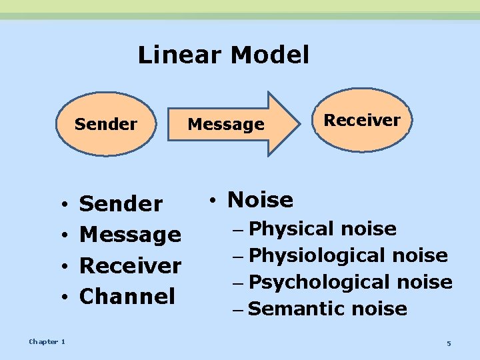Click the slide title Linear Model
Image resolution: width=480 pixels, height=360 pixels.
tap(223, 55)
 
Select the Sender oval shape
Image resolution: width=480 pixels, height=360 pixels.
tap(106, 124)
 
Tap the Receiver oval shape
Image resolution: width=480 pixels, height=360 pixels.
tap(361, 120)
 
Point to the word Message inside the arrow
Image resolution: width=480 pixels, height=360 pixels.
tap(226, 124)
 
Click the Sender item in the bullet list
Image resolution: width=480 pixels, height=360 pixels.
tap(121, 204)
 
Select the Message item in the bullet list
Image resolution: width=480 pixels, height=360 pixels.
tap(130, 235)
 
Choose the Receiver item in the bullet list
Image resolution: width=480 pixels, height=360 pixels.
tap(130, 265)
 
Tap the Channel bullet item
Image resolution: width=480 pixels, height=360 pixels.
tap(127, 296)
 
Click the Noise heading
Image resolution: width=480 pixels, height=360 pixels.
tap(260, 199)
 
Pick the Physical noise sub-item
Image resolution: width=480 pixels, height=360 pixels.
tap(323, 229)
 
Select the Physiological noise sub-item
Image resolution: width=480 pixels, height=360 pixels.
tap(348, 255)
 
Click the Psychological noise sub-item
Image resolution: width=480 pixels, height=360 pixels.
tap(351, 282)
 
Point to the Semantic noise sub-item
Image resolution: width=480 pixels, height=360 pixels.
tap(327, 309)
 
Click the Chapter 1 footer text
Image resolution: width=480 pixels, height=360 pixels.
tap(47, 342)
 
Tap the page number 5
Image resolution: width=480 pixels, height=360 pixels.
tap(449, 343)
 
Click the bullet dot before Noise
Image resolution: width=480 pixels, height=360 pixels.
tap(211, 201)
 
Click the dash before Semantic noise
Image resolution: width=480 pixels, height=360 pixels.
tap(239, 309)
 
